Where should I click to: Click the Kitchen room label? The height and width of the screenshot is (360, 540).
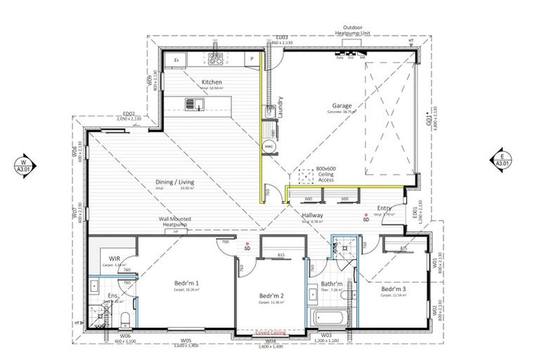coord(212,82)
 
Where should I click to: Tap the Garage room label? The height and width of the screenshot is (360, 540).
coord(342,105)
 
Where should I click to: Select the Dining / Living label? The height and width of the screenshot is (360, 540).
coord(174,182)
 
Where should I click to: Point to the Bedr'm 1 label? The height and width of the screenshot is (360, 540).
coord(186,283)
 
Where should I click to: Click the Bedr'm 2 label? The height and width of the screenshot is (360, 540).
coord(270,295)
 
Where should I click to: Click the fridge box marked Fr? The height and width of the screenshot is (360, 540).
coord(175,61)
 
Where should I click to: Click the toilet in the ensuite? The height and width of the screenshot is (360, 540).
coord(124,321)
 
